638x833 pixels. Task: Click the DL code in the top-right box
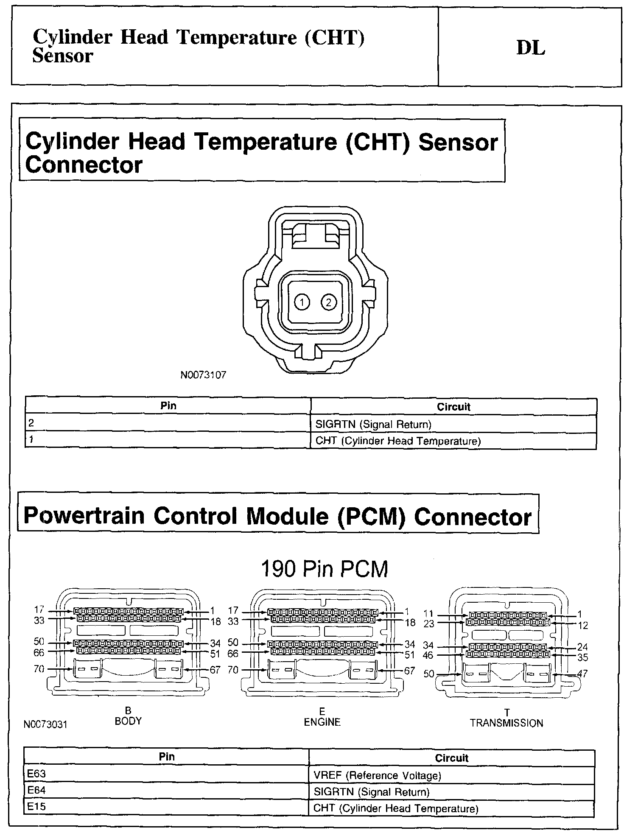click(530, 48)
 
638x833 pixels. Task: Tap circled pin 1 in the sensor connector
click(302, 302)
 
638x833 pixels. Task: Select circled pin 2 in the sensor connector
click(329, 302)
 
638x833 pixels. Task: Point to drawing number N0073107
click(204, 375)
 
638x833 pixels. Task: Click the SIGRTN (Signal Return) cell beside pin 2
click(373, 424)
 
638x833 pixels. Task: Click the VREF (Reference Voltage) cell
click(377, 776)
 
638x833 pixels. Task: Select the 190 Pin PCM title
click(324, 569)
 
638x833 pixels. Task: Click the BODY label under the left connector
click(128, 721)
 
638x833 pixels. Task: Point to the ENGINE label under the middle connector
click(322, 722)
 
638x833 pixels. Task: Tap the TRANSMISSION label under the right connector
click(506, 723)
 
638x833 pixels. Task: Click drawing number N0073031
click(45, 724)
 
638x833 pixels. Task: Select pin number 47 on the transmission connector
click(582, 674)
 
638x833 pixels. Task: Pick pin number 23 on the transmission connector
click(429, 624)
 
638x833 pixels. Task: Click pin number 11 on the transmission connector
click(429, 613)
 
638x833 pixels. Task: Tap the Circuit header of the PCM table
click(451, 758)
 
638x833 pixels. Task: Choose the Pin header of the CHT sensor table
click(168, 405)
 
